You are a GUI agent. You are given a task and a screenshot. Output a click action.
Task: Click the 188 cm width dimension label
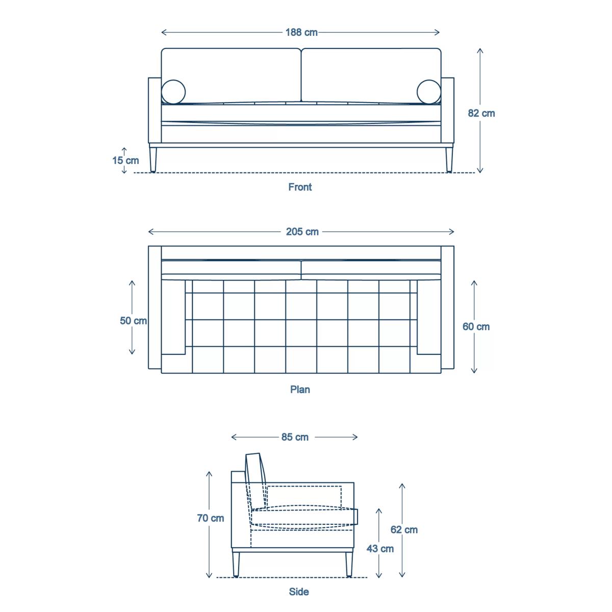[301, 33]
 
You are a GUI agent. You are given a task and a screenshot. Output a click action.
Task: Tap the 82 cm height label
[481, 113]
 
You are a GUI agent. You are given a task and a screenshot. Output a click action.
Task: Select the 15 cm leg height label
[125, 160]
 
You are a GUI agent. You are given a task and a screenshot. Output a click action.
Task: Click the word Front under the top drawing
[300, 187]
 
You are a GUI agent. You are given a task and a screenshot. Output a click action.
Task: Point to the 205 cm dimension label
[302, 232]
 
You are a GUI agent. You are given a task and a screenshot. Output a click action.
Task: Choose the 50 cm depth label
[134, 320]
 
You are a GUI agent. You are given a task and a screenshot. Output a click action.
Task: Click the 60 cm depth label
[476, 326]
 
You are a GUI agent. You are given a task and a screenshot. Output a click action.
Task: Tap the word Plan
[300, 389]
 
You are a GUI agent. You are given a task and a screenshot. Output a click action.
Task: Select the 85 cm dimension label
[295, 437]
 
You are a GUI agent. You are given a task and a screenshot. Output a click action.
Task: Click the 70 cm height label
[210, 518]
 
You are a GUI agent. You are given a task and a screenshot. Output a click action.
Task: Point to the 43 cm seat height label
[380, 548]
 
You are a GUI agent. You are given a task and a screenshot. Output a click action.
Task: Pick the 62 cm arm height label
[404, 529]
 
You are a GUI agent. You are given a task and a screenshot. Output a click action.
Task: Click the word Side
[299, 592]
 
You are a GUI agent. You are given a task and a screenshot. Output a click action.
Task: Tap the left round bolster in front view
[173, 92]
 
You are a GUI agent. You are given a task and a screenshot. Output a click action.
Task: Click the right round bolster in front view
[429, 92]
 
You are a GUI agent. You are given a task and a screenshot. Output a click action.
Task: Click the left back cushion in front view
[231, 76]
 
